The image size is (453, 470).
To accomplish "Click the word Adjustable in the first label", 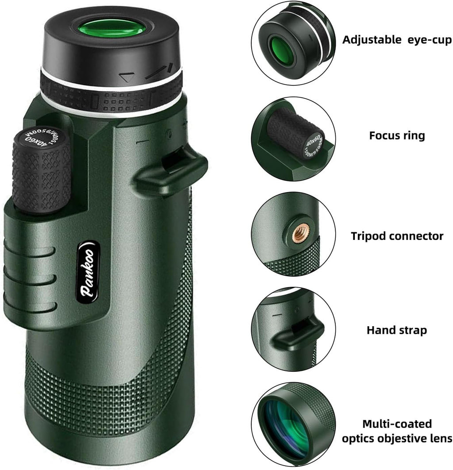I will pos(371,40).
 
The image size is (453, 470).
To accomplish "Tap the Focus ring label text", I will pos(397,135).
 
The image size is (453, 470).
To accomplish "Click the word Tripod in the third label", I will pos(369,236).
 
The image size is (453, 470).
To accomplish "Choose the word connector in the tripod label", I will pos(416,236).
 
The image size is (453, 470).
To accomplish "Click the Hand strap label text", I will pos(397,330).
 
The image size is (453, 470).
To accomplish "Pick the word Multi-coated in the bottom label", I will pos(397,424).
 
